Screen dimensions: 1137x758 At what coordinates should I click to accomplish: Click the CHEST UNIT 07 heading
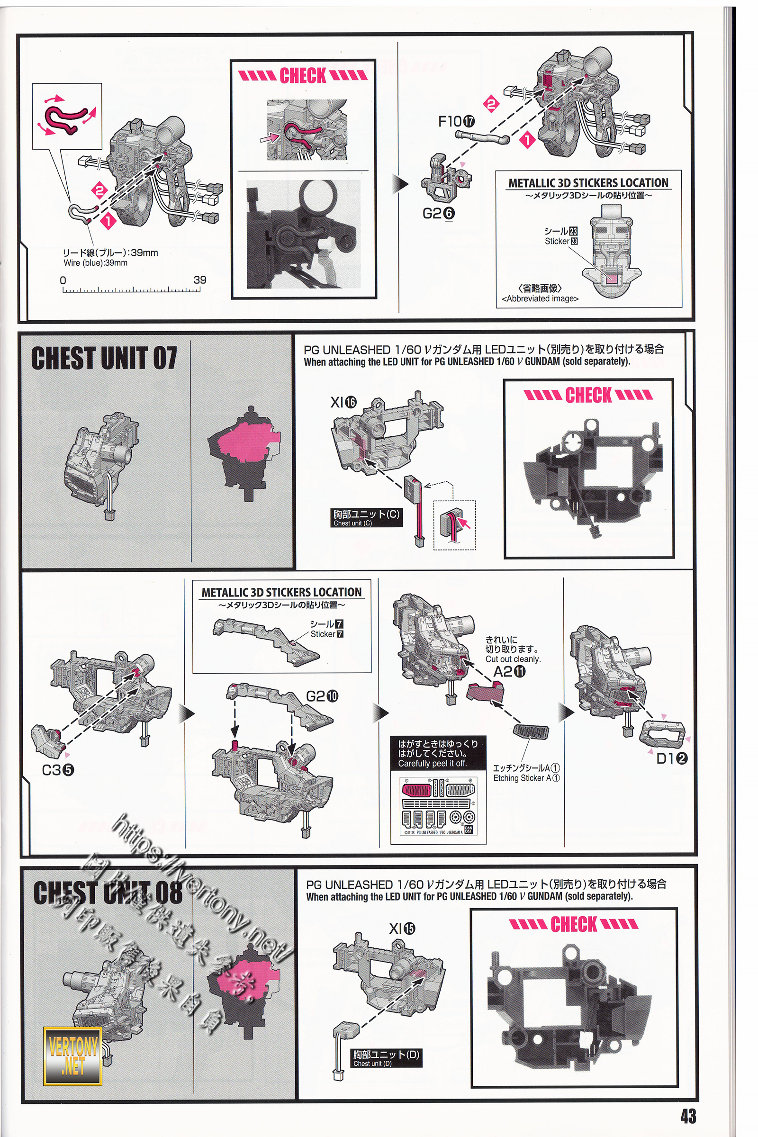coord(104,358)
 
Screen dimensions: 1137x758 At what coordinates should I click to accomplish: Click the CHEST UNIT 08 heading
coord(108,893)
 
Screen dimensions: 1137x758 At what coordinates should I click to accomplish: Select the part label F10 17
coord(456,122)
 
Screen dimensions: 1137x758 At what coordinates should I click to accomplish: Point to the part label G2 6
coord(439,213)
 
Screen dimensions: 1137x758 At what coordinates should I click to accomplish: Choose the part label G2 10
coord(322,696)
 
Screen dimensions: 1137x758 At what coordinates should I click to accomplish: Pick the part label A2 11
coord(509,671)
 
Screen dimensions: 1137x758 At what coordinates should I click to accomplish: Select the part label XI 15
coord(402,929)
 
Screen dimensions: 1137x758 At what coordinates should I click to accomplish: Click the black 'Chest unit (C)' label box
coord(367,517)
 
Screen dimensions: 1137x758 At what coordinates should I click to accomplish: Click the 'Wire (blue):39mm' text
coord(96,263)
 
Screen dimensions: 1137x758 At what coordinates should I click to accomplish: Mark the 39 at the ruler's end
coord(199,280)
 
